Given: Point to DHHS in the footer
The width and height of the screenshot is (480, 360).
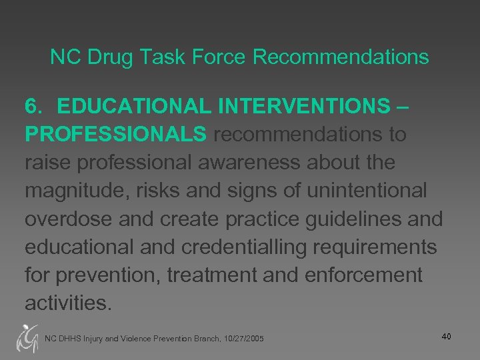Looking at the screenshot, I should coord(70,339).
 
